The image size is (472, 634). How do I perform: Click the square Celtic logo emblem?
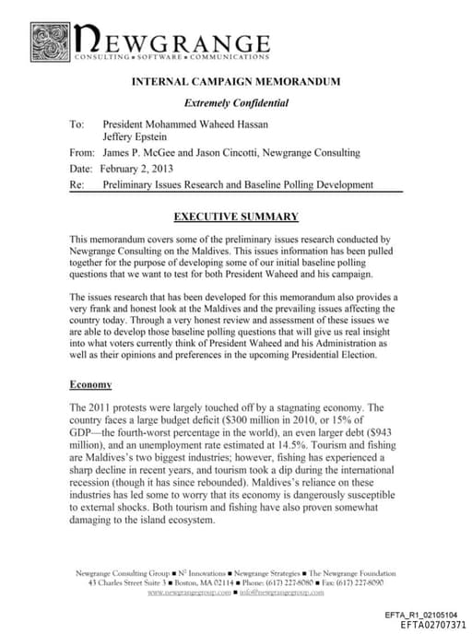[50, 41]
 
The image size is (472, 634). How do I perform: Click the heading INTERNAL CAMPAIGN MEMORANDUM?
[236, 81]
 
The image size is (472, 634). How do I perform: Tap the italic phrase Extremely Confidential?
[236, 103]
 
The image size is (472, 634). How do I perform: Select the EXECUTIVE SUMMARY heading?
[236, 217]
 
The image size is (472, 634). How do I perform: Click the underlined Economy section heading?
[90, 383]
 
